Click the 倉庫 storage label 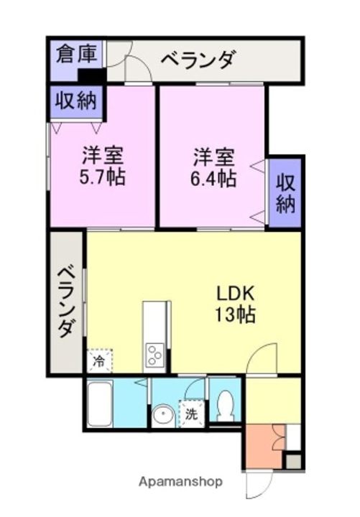77,55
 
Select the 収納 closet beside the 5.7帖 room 77,101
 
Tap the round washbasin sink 164,414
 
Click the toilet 226,406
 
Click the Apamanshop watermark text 180,481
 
